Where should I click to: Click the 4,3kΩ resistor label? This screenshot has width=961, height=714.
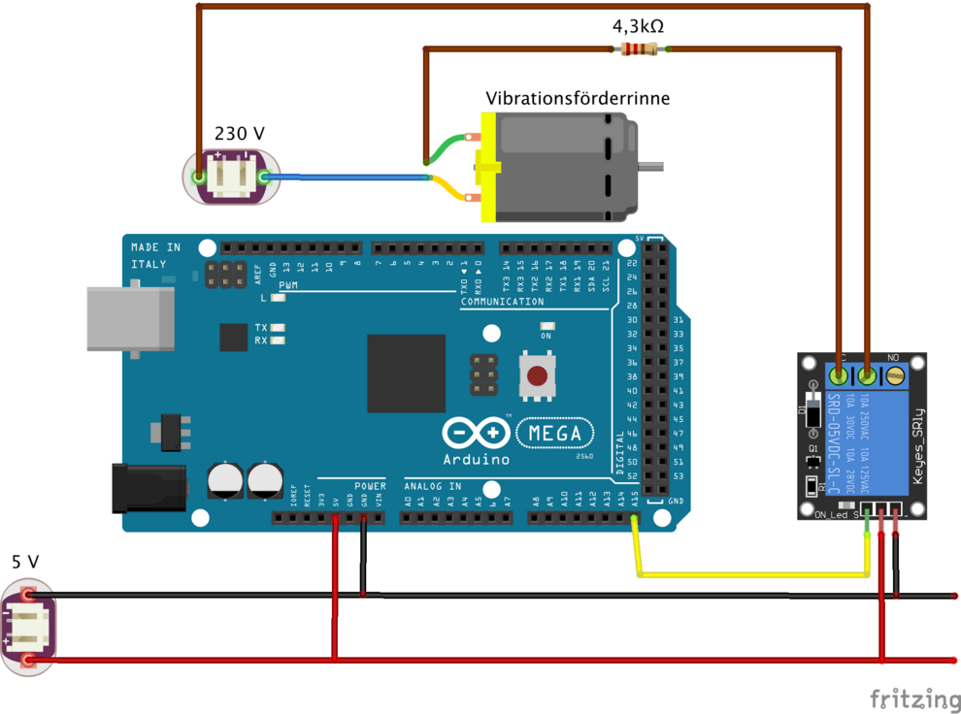click(x=638, y=26)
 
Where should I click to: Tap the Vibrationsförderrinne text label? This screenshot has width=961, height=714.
click(x=578, y=98)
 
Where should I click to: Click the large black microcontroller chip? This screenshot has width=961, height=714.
click(x=406, y=373)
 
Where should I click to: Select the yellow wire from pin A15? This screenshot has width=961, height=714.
click(x=747, y=574)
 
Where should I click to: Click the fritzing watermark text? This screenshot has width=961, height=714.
click(x=907, y=698)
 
